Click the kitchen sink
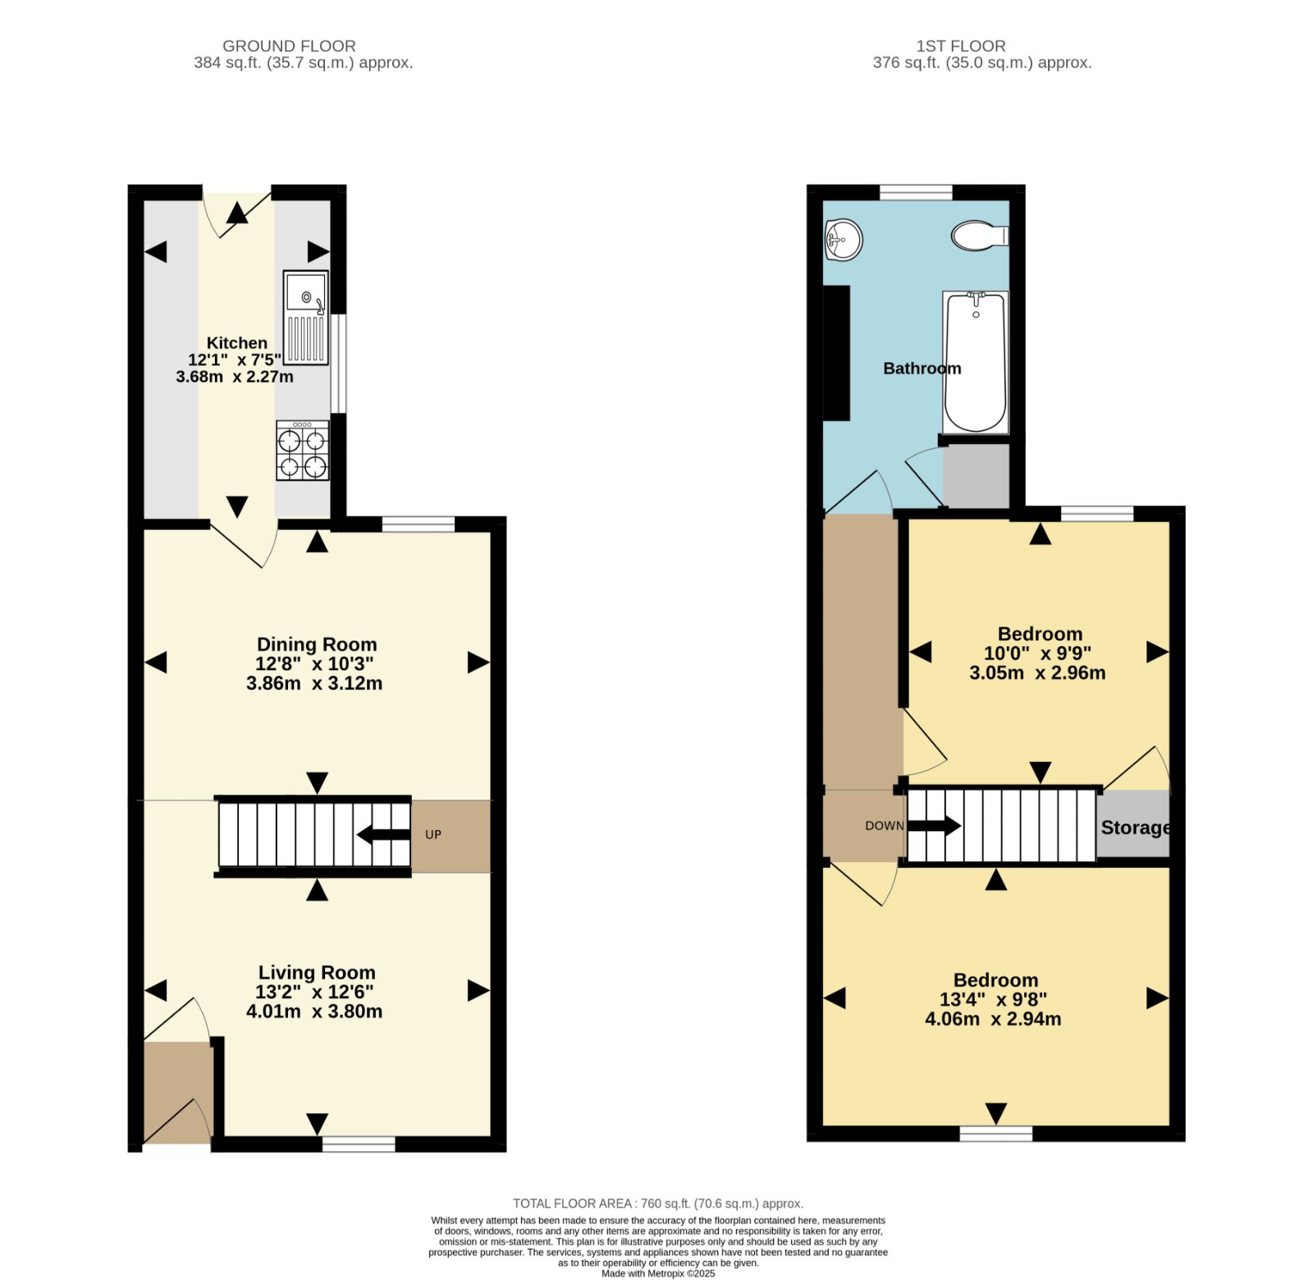coord(306,318)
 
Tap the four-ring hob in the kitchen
coord(303,450)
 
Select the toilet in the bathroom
coord(980,236)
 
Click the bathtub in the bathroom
coord(975,362)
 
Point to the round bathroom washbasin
coord(843,240)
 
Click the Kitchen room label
coord(236,343)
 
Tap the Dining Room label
coord(317,645)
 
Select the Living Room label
coord(317,973)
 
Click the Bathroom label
coord(922,369)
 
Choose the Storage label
coord(1136,828)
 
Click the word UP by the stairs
coord(433,834)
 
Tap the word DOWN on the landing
coord(884,825)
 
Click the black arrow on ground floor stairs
coord(383,835)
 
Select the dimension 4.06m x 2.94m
coord(993,1019)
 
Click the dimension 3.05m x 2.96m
coord(1037,673)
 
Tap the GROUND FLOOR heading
coord(289,46)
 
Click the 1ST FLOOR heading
coord(961,46)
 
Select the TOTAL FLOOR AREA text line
coord(658,1204)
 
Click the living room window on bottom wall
coord(359,1144)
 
